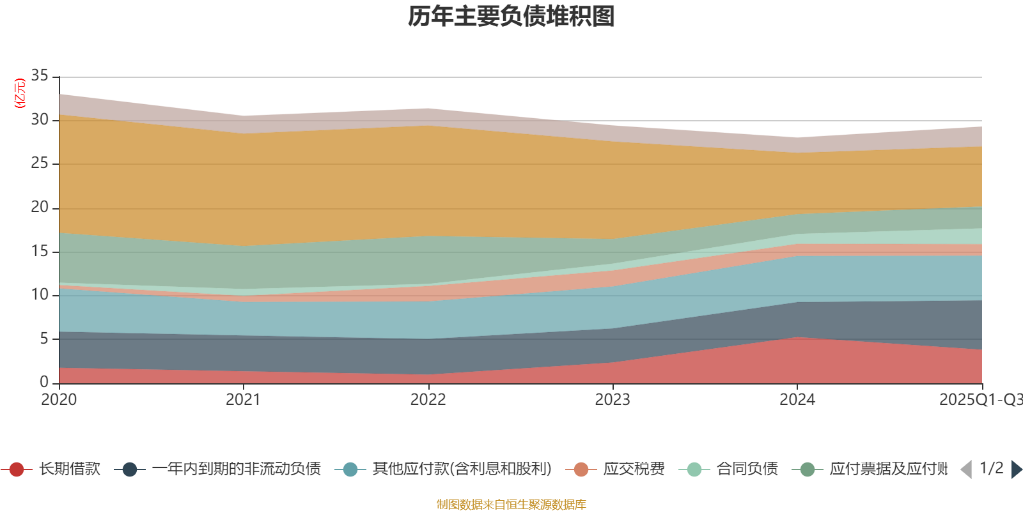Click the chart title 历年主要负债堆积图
click(511, 17)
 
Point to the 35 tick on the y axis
click(40, 75)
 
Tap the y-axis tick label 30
click(40, 119)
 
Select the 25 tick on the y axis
click(40, 163)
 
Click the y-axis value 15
click(40, 251)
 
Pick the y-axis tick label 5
click(43, 339)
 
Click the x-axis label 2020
click(59, 400)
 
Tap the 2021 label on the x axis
click(243, 400)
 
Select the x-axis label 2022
click(428, 400)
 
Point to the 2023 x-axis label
click(613, 400)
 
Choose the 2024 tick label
click(797, 400)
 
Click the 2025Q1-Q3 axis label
click(980, 400)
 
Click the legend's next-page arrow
click(1017, 469)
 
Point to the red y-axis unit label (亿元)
click(20, 93)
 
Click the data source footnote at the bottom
click(511, 505)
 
